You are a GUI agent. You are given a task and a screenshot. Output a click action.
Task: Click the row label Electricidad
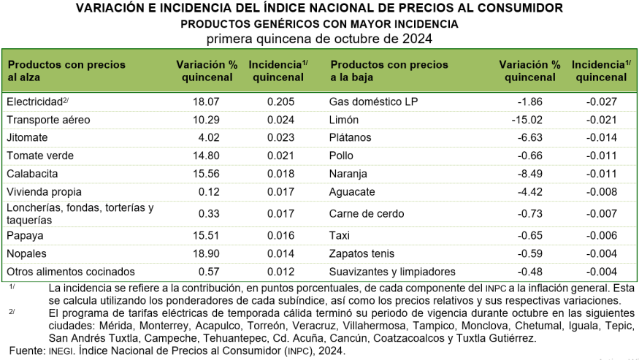(x=32, y=101)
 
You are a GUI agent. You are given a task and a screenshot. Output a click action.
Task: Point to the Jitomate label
(x=27, y=137)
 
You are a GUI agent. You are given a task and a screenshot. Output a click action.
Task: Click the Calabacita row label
(x=31, y=174)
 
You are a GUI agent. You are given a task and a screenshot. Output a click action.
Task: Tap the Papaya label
(x=25, y=235)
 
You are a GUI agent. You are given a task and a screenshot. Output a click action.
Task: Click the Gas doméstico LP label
(x=374, y=101)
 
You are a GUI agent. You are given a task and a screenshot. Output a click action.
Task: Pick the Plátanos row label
(x=351, y=137)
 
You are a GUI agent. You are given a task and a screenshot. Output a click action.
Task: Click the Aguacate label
(x=353, y=192)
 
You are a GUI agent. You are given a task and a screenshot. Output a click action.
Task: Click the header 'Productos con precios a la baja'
(x=389, y=71)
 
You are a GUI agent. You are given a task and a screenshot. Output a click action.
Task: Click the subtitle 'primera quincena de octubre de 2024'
(x=319, y=38)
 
